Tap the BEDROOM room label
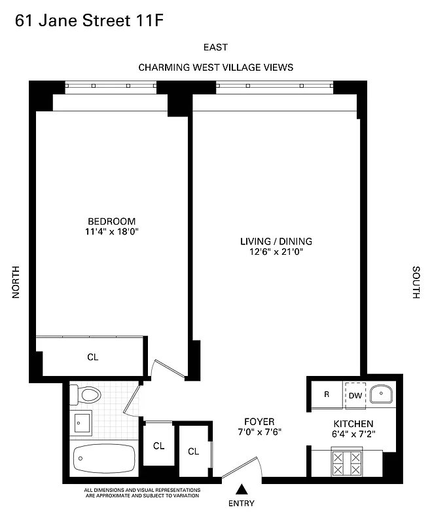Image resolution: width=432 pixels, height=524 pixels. (112, 221)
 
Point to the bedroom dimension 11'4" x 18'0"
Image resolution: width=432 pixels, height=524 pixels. (112, 231)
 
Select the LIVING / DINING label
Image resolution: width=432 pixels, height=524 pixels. (276, 240)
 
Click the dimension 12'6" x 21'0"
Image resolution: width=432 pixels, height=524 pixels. (276, 251)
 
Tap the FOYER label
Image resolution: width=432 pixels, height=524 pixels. (259, 421)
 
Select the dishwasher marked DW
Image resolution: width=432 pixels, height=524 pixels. (355, 395)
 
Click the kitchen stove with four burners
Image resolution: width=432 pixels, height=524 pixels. (347, 463)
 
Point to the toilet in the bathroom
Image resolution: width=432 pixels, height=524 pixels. (86, 394)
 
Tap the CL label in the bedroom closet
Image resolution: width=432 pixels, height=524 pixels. (93, 357)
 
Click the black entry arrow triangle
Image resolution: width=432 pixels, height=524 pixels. (242, 489)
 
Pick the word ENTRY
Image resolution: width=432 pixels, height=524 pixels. (242, 503)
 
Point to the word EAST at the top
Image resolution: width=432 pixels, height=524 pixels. (215, 47)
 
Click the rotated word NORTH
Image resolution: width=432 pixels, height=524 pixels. (17, 283)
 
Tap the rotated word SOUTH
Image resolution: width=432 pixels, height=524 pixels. (416, 283)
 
